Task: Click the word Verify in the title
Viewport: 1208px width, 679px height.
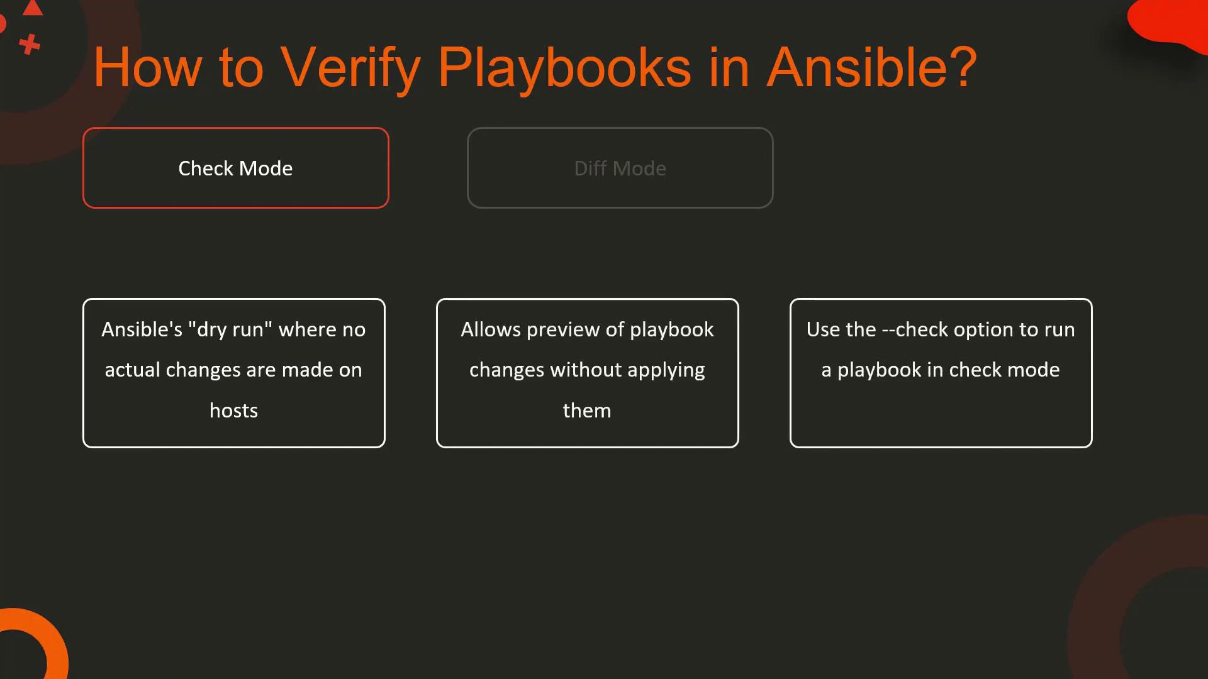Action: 350,68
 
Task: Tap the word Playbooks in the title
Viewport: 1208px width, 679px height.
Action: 564,68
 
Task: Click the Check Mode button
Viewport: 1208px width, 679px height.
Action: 236,168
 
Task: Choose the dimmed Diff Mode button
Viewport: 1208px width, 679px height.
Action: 620,168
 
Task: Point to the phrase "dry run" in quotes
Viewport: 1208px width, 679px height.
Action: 230,330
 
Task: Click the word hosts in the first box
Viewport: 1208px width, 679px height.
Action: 234,411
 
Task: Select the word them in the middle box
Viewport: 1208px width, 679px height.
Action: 587,411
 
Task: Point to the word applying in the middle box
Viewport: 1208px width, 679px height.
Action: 666,370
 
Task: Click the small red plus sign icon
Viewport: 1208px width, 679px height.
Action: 29,45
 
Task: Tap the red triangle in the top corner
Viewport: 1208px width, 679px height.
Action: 33,8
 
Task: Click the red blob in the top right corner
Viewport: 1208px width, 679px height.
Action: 1164,22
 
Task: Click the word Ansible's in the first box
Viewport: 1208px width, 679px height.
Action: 142,329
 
